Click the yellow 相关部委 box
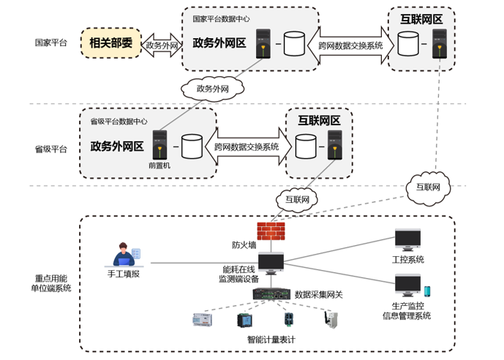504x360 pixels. tap(110, 43)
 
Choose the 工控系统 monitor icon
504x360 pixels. tap(407, 240)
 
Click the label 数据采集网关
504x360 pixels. tap(318, 294)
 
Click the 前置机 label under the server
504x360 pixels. tap(159, 165)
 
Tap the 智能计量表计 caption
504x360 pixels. tap(271, 339)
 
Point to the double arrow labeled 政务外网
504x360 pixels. tap(160, 44)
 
